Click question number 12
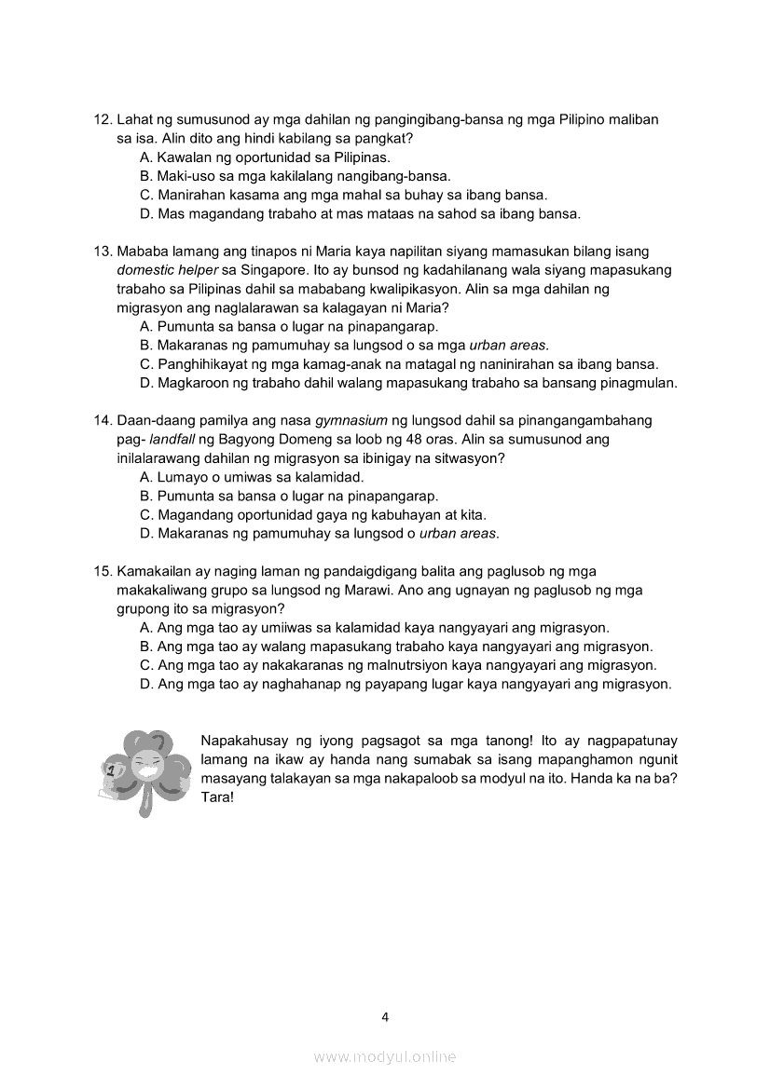(103, 120)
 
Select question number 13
(103, 252)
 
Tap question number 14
(103, 420)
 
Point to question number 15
(103, 571)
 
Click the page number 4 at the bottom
(385, 1016)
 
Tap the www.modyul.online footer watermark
(385, 1056)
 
